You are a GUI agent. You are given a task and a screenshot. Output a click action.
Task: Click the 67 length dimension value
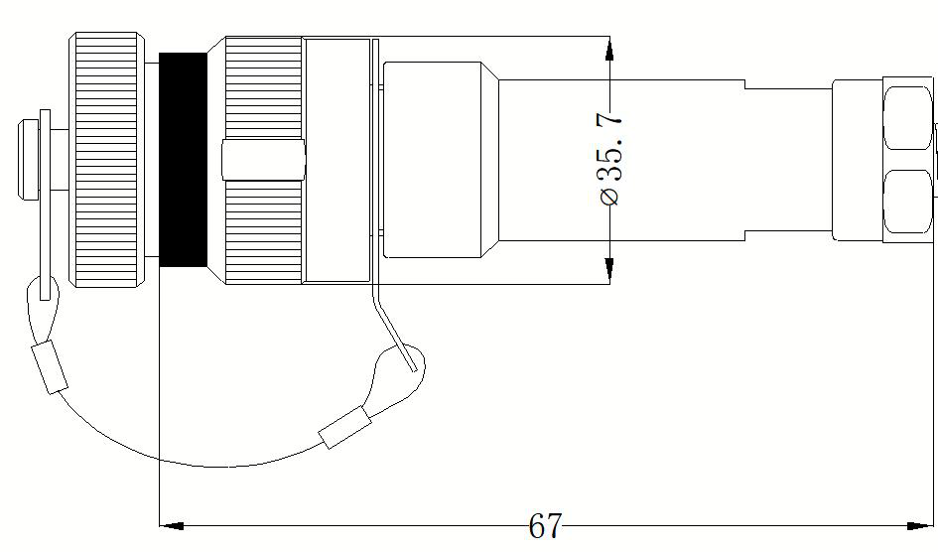pyautogui.click(x=545, y=525)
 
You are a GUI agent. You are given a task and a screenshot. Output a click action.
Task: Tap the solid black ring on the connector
pyautogui.click(x=183, y=160)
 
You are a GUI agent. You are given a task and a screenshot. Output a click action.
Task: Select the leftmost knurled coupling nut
pyautogui.click(x=107, y=160)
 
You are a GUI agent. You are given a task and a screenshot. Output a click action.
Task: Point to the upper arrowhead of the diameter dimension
pyautogui.click(x=609, y=49)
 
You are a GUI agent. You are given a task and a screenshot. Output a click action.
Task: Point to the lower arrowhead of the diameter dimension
pyautogui.click(x=609, y=270)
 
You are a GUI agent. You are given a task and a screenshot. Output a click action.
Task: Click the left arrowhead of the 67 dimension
pyautogui.click(x=173, y=526)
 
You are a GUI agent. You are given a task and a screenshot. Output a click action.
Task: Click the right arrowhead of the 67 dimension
pyautogui.click(x=920, y=526)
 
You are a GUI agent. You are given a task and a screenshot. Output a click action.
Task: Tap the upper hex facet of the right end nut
pyautogui.click(x=907, y=118)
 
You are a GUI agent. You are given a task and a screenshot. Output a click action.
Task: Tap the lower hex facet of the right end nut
pyautogui.click(x=907, y=202)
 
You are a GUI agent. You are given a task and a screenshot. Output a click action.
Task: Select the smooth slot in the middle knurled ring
pyautogui.click(x=263, y=160)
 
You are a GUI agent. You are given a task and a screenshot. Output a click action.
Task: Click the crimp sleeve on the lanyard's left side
pyautogui.click(x=50, y=366)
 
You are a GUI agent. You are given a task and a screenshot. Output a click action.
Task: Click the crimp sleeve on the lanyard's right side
pyautogui.click(x=345, y=427)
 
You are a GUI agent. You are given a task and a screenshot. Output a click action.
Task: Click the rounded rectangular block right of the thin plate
pyautogui.click(x=432, y=160)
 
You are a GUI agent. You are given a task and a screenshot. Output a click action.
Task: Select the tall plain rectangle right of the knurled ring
pyautogui.click(x=336, y=160)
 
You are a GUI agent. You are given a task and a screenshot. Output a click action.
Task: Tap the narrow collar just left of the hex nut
pyautogui.click(x=858, y=160)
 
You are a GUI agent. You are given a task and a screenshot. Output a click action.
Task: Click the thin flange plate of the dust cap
pyautogui.click(x=45, y=205)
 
